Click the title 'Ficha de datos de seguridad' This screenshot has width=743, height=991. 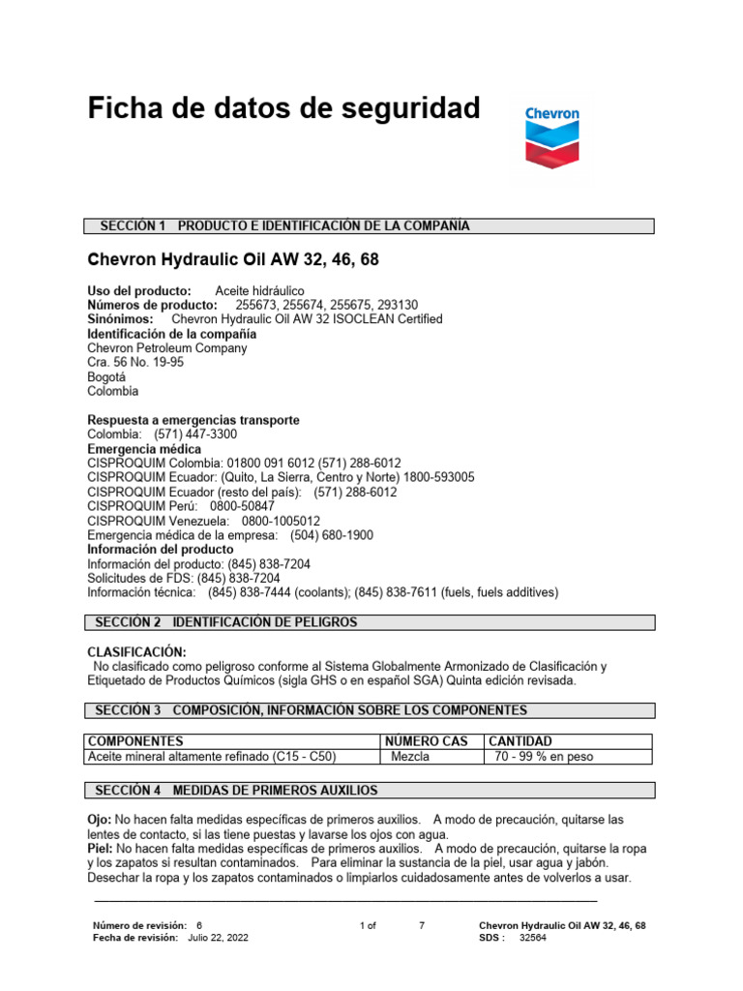click(x=283, y=108)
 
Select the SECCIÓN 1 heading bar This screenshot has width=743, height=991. click(x=371, y=226)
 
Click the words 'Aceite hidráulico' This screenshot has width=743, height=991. click(x=259, y=290)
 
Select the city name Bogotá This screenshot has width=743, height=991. click(x=107, y=376)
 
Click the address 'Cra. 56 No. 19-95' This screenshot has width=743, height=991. click(x=135, y=362)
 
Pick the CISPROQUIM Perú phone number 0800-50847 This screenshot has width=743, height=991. click(x=242, y=506)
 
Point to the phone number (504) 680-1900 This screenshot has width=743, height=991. click(x=332, y=535)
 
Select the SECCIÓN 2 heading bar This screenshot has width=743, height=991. click(x=371, y=622)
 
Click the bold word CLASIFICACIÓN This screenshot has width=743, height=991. click(x=137, y=652)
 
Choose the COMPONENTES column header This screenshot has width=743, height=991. click(x=136, y=741)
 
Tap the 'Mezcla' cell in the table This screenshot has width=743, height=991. click(x=410, y=757)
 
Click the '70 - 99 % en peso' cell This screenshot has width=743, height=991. click(x=544, y=757)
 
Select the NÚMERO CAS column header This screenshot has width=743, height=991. click(x=427, y=741)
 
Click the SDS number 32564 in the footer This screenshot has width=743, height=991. click(x=533, y=938)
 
